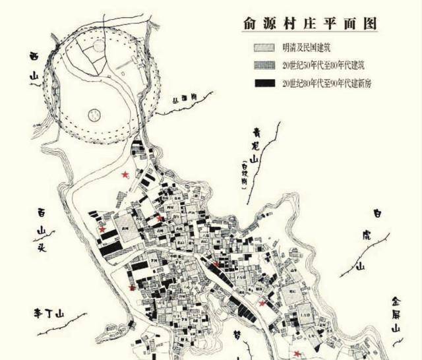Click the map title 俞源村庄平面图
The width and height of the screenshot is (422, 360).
(309, 23)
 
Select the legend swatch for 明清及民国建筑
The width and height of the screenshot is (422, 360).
(264, 48)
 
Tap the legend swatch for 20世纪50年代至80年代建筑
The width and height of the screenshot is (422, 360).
(264, 65)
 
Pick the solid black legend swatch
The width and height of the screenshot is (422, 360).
(264, 83)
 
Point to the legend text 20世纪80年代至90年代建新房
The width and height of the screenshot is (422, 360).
(326, 83)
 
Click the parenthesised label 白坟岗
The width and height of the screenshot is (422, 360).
(245, 173)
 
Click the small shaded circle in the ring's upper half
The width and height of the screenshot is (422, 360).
(98, 47)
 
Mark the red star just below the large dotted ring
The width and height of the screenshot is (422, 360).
(125, 174)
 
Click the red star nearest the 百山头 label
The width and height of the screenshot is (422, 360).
(102, 229)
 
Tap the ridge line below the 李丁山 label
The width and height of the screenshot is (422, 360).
(66, 329)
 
